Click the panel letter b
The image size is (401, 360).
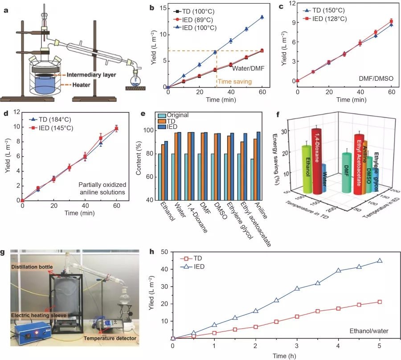pos(151,7)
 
